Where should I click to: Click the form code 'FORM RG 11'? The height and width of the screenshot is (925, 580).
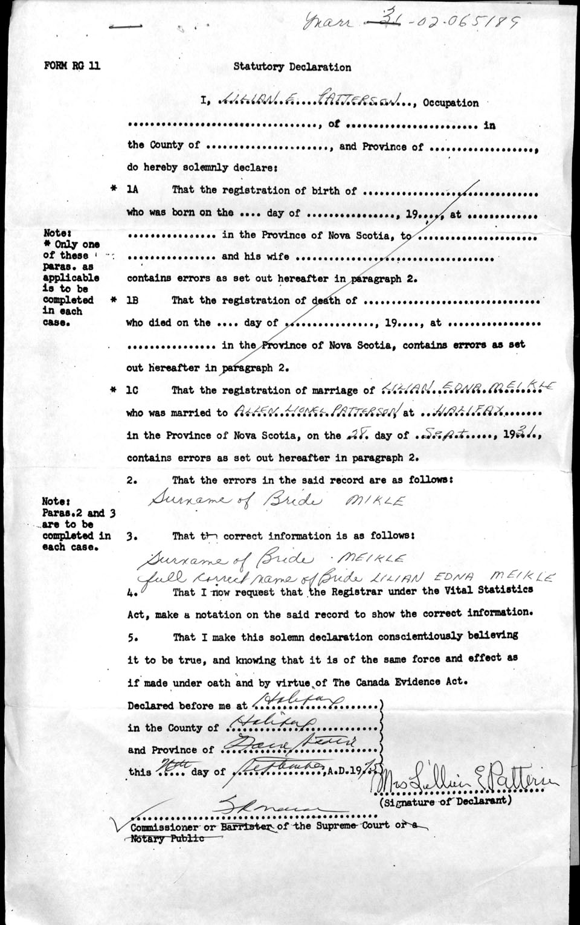[72, 66]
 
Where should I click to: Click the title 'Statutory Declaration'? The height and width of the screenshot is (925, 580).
[292, 67]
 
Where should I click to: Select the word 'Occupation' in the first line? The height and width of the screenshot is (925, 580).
[451, 103]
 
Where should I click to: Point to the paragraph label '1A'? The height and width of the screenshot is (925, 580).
[132, 190]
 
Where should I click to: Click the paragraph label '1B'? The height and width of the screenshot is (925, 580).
[132, 300]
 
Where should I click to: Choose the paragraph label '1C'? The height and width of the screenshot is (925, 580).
[132, 390]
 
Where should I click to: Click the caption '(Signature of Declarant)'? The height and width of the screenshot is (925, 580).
[446, 802]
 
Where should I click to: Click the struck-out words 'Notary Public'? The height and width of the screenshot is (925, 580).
[167, 838]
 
